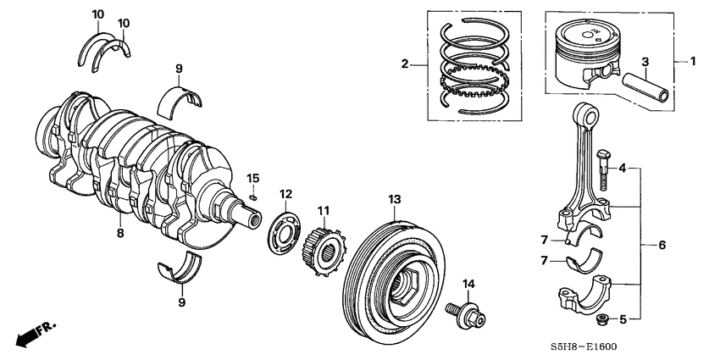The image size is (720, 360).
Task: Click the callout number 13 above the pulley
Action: [393, 199]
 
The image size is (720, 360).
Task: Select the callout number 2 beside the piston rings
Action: [405, 64]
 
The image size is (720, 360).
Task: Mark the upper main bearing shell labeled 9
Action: [182, 97]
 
